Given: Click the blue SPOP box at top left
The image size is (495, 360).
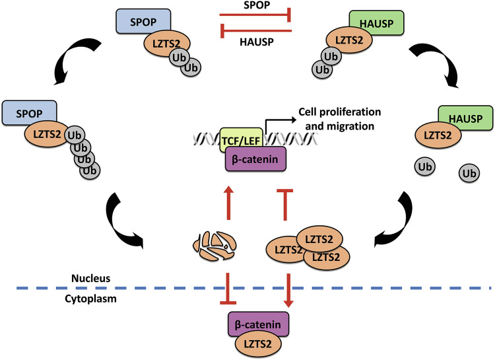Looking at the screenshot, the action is click(143, 21).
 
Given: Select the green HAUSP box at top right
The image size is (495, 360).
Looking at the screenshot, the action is click(377, 22).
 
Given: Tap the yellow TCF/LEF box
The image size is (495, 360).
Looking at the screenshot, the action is click(241, 139).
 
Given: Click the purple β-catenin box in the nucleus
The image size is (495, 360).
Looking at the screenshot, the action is click(255, 159).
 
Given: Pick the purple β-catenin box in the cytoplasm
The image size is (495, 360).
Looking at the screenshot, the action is click(258, 324).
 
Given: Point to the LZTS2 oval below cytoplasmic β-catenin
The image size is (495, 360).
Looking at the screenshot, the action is click(258, 344).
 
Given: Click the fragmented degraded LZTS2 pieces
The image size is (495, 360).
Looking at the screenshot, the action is click(214, 246).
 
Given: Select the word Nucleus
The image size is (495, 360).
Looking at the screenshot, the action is click(91, 278).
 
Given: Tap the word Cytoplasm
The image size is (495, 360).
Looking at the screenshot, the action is click(90, 299).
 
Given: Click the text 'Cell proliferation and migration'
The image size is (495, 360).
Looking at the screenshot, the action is click(340, 119).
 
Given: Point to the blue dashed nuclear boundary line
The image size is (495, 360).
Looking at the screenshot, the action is click(254, 288).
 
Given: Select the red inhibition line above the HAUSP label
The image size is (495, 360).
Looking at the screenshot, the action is click(255, 31).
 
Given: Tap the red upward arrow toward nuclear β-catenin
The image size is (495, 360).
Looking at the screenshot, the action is click(228, 203).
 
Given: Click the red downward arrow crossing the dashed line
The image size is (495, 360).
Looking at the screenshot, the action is click(288, 291).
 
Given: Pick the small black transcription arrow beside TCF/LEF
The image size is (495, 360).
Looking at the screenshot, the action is click(280, 124).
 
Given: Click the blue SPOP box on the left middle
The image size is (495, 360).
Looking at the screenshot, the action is click(29, 113).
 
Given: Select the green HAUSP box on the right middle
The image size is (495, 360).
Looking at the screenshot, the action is click(466, 118).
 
